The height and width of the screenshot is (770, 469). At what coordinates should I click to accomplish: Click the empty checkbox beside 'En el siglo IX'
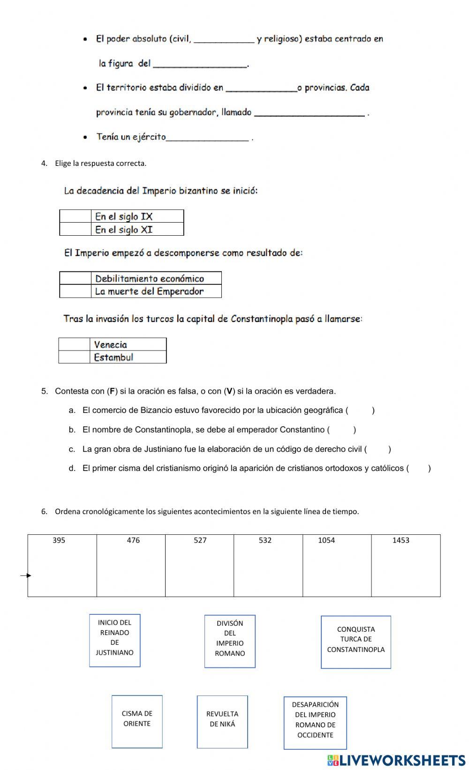pos(75,216)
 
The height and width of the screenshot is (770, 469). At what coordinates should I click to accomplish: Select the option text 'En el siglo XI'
pos(124,230)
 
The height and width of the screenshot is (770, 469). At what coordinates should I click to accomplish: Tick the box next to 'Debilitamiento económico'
pos(75,278)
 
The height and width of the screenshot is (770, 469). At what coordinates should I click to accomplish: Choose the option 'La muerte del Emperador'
pos(149,292)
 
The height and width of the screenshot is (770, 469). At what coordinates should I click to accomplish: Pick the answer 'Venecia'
pos(110,344)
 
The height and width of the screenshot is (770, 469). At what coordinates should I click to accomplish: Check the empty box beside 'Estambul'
pos(74,357)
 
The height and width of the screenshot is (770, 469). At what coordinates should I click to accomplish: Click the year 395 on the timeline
pos(59,540)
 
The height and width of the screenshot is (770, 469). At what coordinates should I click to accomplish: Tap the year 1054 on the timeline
pos(326,540)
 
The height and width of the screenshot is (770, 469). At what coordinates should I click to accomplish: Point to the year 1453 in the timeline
pos(401,540)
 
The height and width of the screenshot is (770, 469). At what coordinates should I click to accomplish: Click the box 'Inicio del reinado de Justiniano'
pos(115,640)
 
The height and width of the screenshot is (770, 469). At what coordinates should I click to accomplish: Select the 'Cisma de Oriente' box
pos(137,721)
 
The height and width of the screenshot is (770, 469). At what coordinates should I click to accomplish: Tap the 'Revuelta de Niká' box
pos(222,721)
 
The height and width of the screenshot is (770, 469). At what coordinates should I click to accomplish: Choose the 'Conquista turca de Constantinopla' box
pos(356,642)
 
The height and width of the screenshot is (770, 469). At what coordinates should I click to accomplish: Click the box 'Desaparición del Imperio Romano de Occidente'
pos(315,722)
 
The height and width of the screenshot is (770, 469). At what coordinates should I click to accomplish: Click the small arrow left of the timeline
pos(26,576)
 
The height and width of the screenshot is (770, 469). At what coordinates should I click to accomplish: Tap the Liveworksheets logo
pos(396,760)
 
